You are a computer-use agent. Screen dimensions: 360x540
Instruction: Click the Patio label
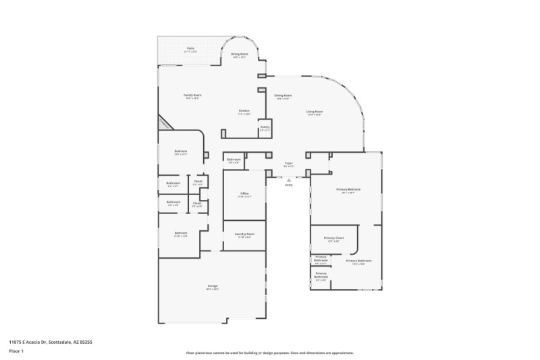click(x=191, y=48)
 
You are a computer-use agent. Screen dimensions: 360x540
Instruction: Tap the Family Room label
click(x=193, y=95)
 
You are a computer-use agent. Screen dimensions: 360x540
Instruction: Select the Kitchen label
click(x=244, y=111)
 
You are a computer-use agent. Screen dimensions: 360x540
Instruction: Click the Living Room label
click(x=315, y=111)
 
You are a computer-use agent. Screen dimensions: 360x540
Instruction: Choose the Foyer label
click(x=288, y=163)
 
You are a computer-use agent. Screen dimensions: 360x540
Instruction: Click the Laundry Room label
click(x=244, y=234)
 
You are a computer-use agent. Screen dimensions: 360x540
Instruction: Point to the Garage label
click(x=212, y=286)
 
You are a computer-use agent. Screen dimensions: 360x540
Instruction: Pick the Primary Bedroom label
click(x=348, y=190)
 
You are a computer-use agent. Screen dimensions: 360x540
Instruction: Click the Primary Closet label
click(x=333, y=238)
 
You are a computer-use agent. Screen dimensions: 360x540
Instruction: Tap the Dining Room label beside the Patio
click(x=240, y=53)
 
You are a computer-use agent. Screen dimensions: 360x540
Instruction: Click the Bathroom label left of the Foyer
click(x=234, y=159)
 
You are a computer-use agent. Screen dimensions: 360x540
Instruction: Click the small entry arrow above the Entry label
click(x=289, y=180)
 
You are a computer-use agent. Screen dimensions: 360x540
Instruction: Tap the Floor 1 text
click(x=16, y=352)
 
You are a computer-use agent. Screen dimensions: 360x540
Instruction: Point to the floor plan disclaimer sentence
click(x=269, y=353)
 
